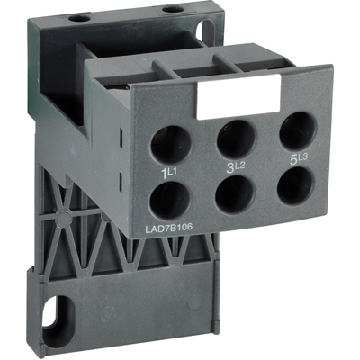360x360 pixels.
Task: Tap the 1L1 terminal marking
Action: click(x=168, y=169)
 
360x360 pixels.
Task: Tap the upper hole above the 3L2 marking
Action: click(x=234, y=137)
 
